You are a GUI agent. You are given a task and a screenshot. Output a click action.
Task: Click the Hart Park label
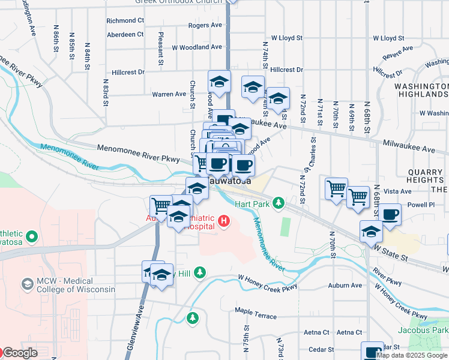point(251,204)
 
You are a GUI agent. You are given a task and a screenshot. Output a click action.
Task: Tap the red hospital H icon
point(224,221)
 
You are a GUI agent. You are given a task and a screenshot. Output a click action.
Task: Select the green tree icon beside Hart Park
point(278,204)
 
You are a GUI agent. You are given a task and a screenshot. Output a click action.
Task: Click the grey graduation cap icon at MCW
point(27,283)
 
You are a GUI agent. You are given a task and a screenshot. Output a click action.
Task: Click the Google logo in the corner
point(19,353)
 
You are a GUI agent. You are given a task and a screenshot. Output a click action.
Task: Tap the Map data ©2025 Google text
point(412,355)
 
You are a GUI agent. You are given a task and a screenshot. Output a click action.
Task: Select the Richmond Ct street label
point(125,20)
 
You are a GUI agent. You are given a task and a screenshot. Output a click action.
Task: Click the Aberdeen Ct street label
point(125,34)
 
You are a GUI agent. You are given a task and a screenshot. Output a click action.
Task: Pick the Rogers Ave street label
point(205,25)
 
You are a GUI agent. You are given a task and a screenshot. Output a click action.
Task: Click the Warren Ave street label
point(169,94)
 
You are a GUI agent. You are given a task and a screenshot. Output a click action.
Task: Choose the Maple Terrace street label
point(256,316)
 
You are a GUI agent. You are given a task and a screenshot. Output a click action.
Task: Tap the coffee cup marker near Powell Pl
point(390,215)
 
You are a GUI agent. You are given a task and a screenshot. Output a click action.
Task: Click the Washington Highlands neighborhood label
point(421,90)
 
